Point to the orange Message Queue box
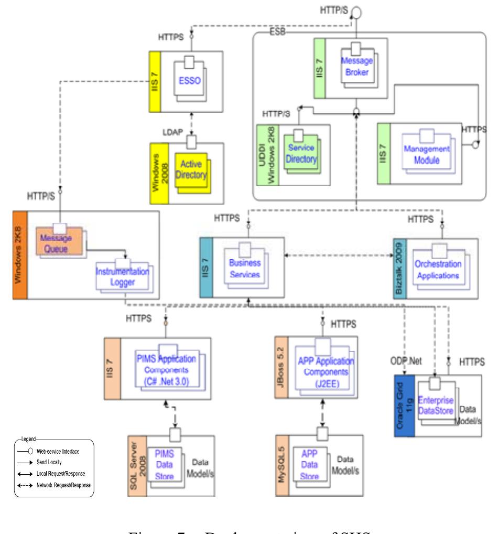click(59, 242)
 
